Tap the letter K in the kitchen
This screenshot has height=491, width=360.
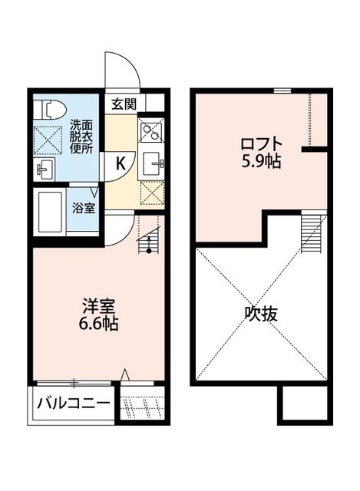click(x=121, y=162)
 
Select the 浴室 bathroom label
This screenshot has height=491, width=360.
click(x=84, y=207)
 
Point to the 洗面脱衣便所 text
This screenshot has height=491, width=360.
click(x=81, y=136)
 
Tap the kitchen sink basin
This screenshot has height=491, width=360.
click(x=152, y=161)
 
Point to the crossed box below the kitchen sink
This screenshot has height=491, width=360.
click(x=152, y=193)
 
